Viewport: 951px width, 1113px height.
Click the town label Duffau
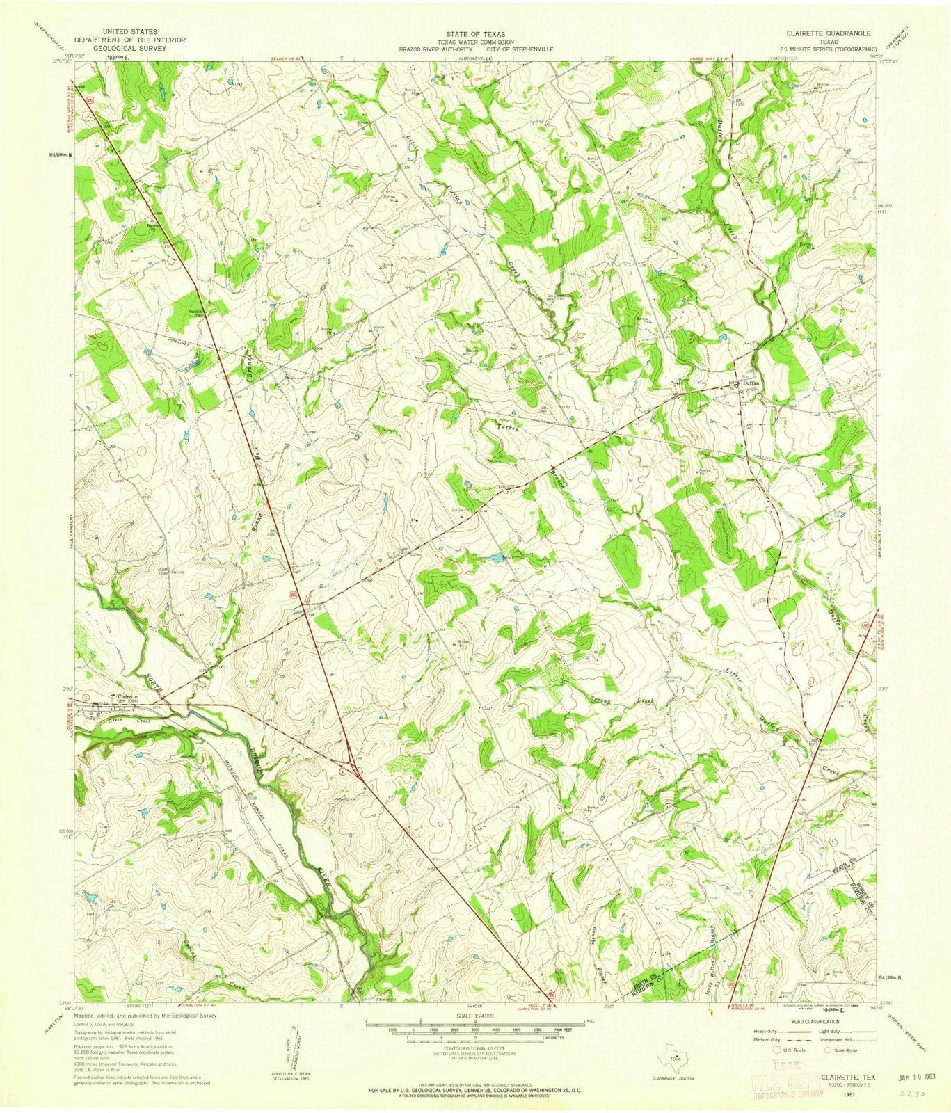[x=749, y=381]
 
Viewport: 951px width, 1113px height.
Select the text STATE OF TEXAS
[x=476, y=33]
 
